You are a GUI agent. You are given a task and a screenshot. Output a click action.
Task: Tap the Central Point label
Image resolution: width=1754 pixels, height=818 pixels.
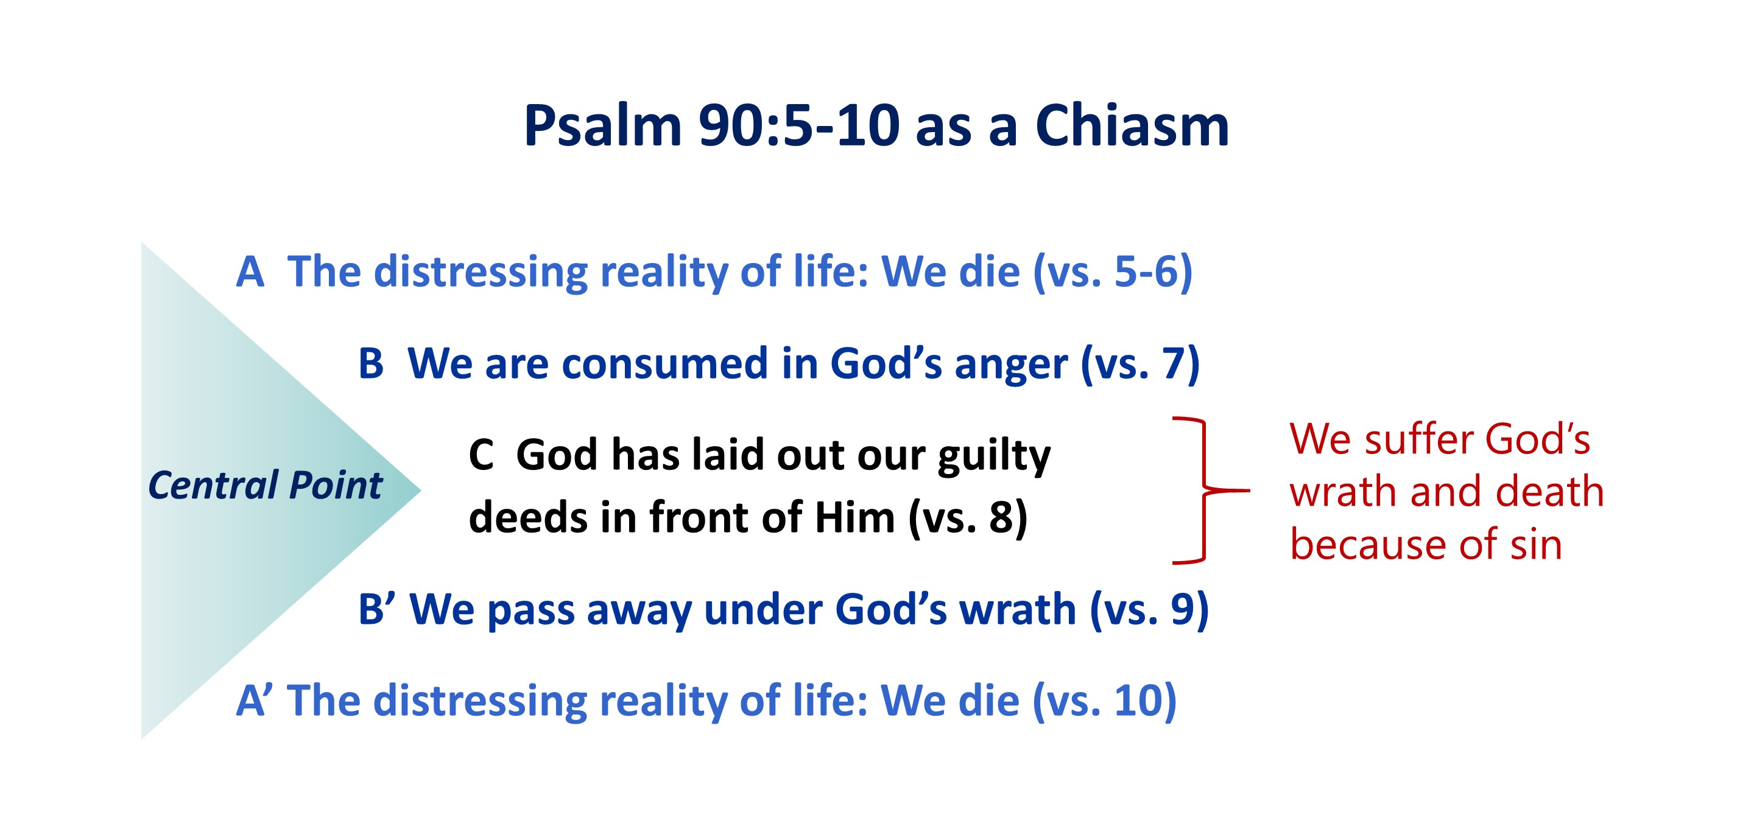[266, 485]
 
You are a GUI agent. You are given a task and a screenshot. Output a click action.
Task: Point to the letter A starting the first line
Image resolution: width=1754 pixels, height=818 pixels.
[250, 272]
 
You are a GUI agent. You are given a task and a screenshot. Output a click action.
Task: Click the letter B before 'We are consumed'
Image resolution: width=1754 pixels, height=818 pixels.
[371, 363]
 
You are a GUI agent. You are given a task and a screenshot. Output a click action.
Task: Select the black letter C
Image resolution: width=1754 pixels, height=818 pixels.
[481, 455]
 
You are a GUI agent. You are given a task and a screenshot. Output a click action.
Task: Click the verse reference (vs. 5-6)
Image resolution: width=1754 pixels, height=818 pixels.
[1113, 273]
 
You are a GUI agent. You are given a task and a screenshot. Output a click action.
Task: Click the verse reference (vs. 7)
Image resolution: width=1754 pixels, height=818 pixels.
[1141, 365]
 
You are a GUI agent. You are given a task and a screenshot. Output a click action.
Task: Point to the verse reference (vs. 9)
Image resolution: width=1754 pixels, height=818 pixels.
[1149, 610]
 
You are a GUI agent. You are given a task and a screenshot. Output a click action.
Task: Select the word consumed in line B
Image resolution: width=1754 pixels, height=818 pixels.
[665, 365]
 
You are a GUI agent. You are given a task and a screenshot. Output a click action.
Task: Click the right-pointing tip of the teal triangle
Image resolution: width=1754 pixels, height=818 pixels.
[421, 490]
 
